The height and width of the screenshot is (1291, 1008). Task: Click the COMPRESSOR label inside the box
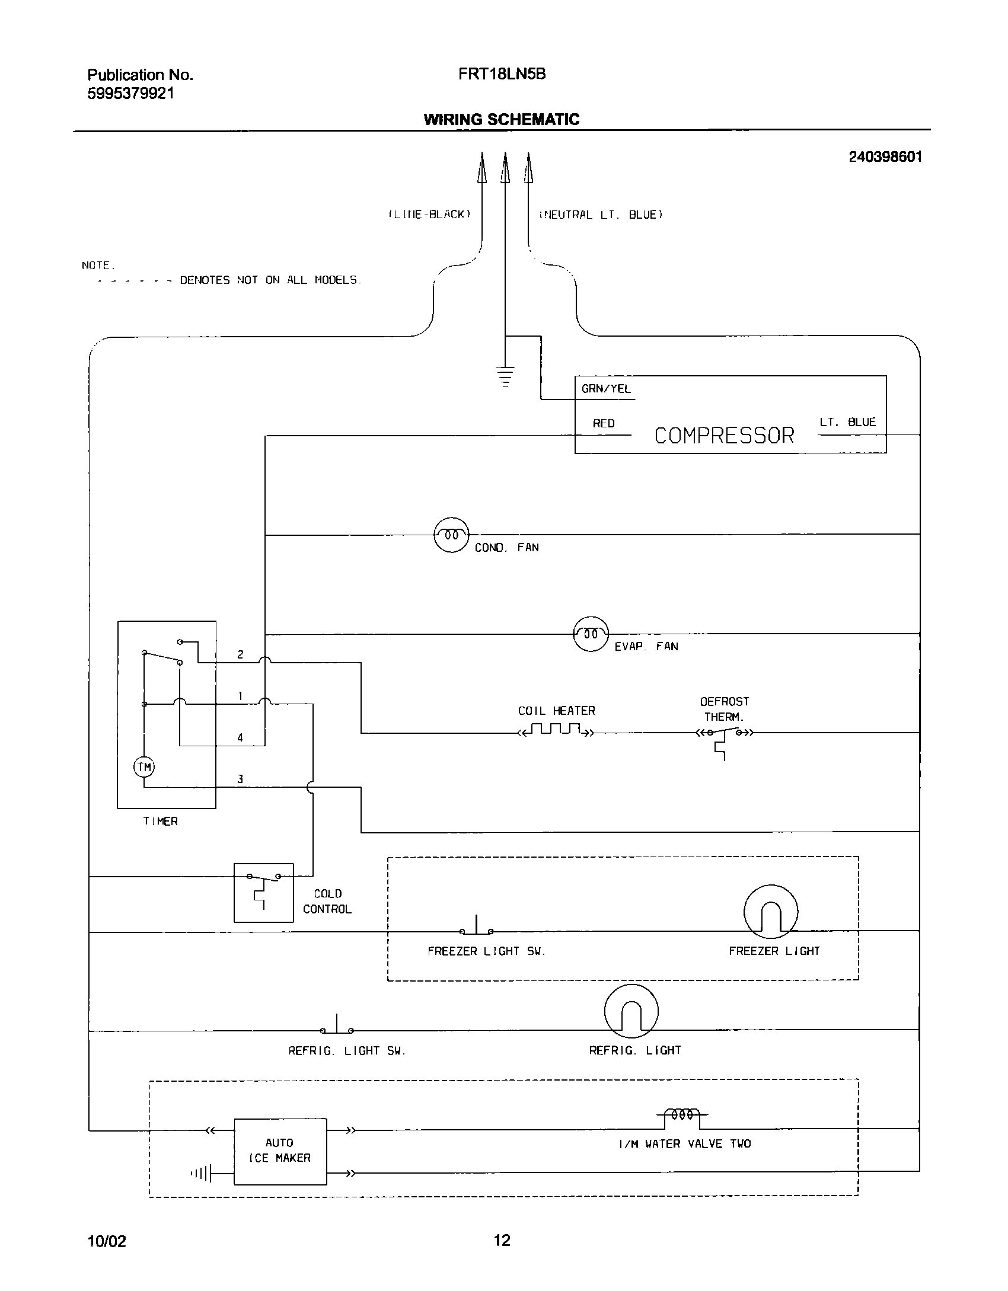point(724,436)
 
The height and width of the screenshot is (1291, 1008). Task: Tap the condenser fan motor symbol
point(452,535)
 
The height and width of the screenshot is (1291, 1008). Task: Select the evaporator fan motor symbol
point(591,634)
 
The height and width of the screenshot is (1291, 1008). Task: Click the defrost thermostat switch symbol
point(724,735)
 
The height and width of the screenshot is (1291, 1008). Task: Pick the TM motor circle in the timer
point(144,767)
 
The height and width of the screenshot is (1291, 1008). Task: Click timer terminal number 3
point(240,779)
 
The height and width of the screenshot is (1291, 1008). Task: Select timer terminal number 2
point(240,654)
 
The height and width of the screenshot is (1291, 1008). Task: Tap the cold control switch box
point(264,892)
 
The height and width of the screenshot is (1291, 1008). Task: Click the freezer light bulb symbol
point(770,912)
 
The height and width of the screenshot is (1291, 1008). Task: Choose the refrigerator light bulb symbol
point(631,1011)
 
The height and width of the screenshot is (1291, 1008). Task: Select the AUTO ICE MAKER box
point(280,1151)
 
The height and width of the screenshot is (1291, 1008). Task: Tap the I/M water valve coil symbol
point(682,1116)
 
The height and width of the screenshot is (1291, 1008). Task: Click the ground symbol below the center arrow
point(505,376)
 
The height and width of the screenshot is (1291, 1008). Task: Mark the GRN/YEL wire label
point(606,389)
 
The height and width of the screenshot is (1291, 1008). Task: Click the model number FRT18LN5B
point(502,74)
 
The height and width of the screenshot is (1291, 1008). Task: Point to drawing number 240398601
point(885,157)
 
